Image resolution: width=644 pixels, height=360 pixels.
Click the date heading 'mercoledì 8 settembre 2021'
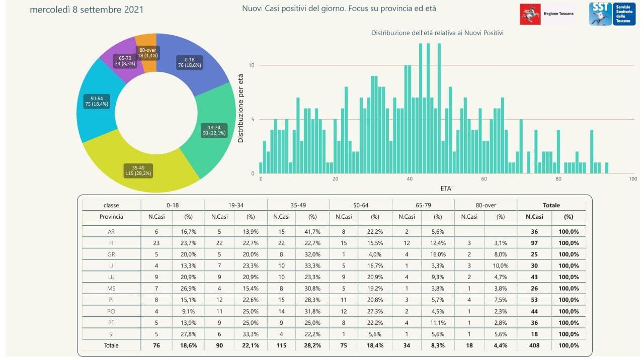tap(87, 10)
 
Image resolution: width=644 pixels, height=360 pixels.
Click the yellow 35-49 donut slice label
tap(138, 170)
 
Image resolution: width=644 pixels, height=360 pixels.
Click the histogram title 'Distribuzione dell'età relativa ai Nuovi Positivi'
tap(437, 33)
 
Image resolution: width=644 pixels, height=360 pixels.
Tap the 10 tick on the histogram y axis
tap(252, 65)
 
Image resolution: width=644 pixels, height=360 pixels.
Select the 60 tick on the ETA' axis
tap(484, 179)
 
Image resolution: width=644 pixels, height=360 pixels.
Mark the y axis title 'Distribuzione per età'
tap(240, 109)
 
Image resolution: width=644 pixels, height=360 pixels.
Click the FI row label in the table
tap(111, 243)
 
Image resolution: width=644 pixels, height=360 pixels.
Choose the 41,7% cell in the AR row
tap(312, 231)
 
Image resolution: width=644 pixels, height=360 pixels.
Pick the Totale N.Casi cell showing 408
tap(534, 345)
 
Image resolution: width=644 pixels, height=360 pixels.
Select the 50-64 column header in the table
tap(361, 205)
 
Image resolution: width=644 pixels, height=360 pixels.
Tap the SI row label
tap(111, 334)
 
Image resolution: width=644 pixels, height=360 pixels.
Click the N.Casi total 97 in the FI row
tap(534, 243)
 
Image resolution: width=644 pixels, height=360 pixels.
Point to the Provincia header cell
tap(111, 217)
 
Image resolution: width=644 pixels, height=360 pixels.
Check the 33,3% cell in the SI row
tap(250, 334)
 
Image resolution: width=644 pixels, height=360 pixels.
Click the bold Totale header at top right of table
tap(551, 205)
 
